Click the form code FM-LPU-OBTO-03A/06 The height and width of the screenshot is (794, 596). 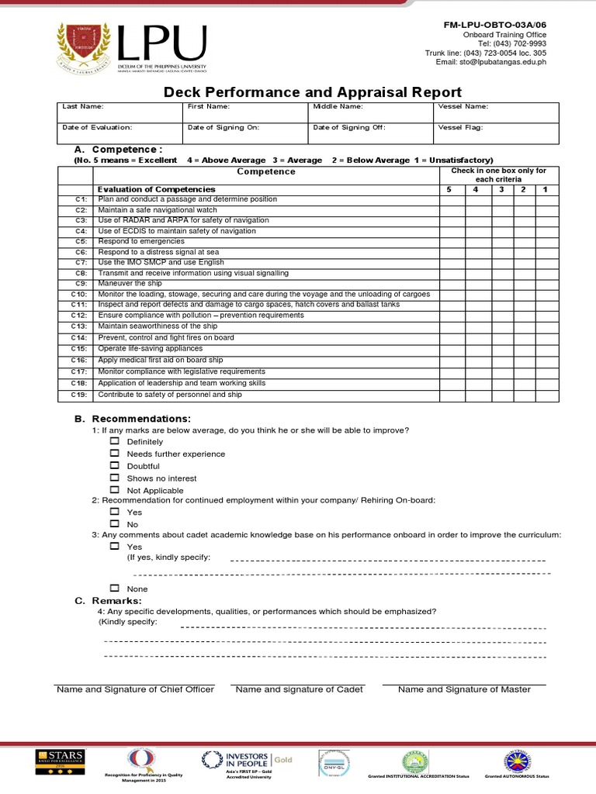coord(494,25)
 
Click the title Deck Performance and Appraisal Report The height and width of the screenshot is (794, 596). coord(313,92)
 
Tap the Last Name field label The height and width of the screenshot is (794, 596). coord(83,106)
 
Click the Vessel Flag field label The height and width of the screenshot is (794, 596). coord(463,127)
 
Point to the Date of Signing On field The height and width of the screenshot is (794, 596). coord(244,133)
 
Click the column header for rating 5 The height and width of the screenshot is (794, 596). coord(449,189)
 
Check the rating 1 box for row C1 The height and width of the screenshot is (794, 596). coord(546,199)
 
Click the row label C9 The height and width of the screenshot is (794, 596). coord(81,284)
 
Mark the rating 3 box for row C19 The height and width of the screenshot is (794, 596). coord(502,395)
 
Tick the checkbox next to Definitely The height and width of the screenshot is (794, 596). coord(114,441)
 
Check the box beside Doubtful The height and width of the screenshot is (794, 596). coord(114,466)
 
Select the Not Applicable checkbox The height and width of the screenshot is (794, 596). coord(114,490)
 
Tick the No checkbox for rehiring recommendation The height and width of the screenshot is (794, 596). coord(114,524)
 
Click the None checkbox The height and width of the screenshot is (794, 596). coord(114,589)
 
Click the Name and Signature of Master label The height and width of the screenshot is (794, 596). coord(464,689)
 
